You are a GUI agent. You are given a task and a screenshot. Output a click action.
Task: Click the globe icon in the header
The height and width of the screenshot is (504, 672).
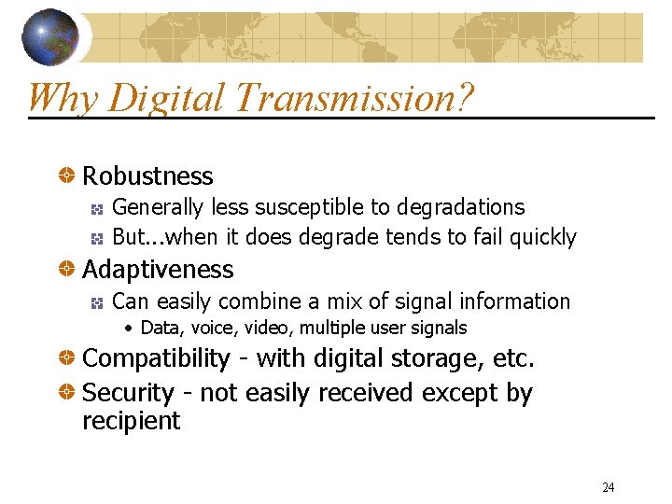coord(50,36)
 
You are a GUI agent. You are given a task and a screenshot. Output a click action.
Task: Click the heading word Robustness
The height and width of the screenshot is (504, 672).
coord(147,176)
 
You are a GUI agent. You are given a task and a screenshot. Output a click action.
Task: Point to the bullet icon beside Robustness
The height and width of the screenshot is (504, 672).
coord(68,175)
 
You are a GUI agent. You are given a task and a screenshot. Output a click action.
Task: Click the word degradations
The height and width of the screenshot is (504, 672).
coord(461,207)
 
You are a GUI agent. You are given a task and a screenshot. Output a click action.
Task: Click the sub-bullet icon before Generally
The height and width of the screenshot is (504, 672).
coord(96,207)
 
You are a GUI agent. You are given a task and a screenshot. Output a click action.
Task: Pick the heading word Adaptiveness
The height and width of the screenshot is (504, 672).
coord(158,270)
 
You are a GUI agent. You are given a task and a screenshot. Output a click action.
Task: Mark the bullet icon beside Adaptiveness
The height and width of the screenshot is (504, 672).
coord(68,270)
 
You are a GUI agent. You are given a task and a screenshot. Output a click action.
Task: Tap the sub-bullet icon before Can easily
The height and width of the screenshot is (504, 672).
coord(96,301)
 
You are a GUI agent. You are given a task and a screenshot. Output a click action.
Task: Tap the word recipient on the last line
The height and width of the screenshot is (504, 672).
coord(131,421)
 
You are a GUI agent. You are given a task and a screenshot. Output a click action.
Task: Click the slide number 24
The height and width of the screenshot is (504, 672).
coord(608,487)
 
